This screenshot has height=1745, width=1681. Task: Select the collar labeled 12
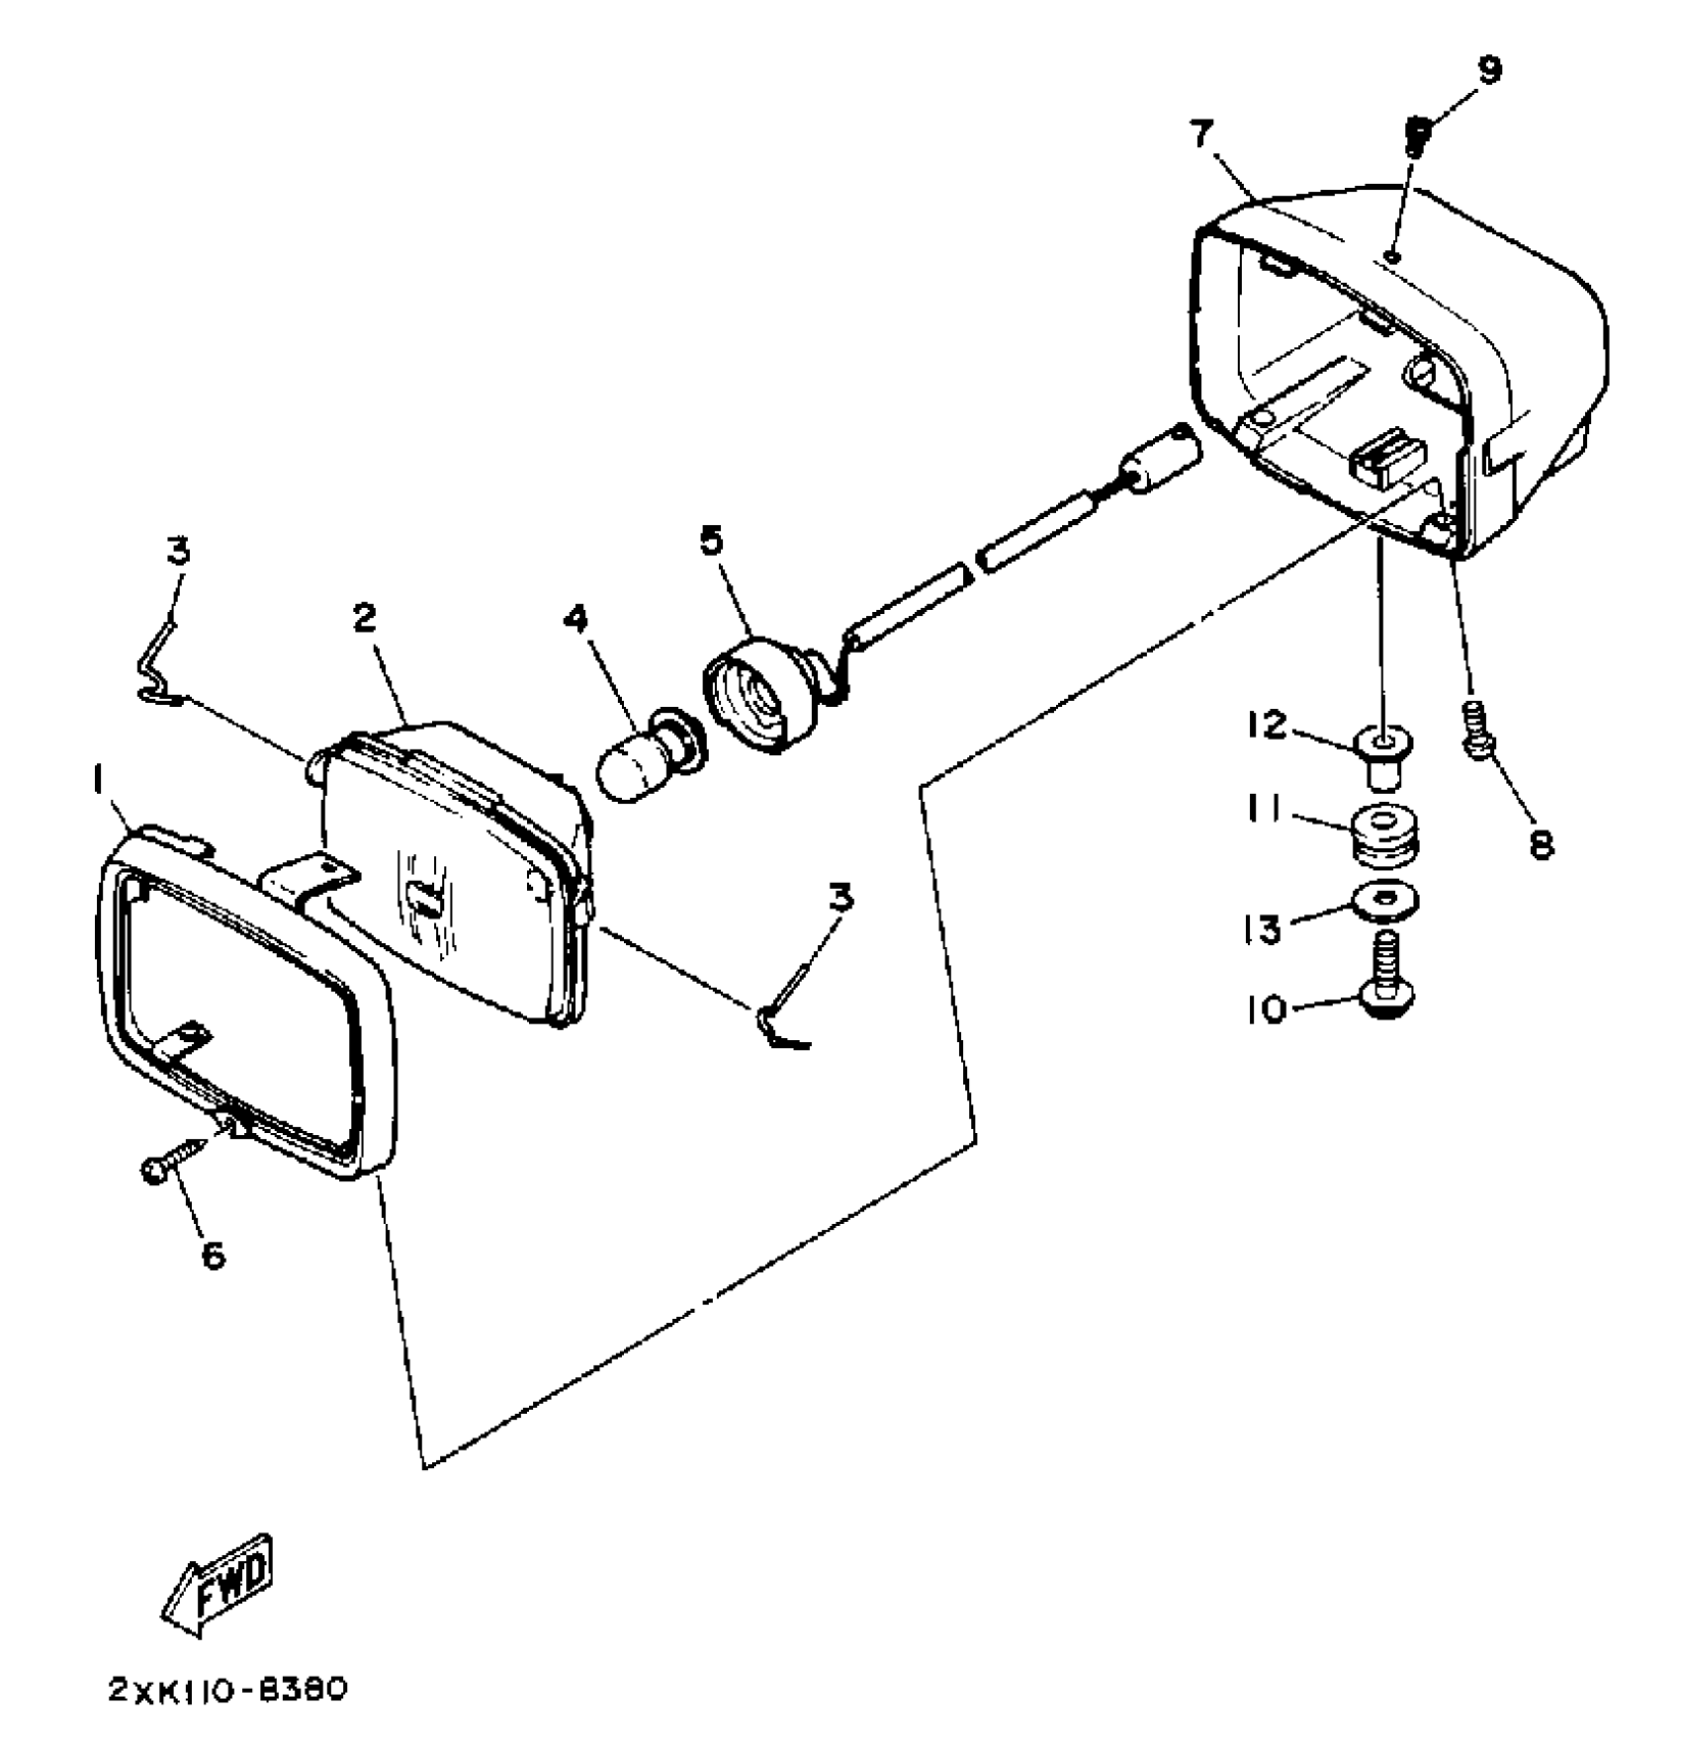tap(1385, 755)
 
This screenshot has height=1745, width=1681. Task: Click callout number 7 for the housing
tap(1202, 132)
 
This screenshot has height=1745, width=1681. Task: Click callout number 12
tap(1267, 725)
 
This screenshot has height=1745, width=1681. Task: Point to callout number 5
tap(711, 541)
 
